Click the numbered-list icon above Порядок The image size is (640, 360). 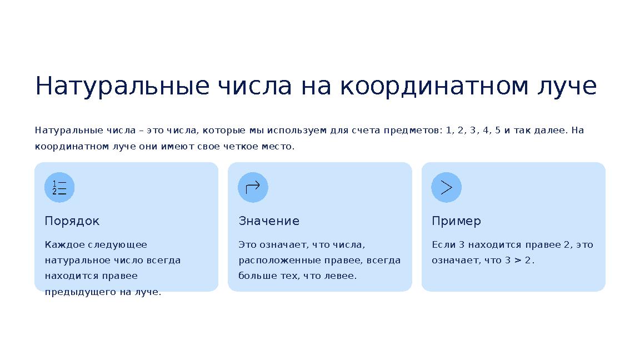(59, 187)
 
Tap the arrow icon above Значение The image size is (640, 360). (253, 187)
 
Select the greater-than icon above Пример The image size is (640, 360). (446, 187)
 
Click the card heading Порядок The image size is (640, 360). (72, 221)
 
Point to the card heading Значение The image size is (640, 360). (269, 221)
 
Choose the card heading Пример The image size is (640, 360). (456, 221)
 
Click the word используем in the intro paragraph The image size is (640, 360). (297, 131)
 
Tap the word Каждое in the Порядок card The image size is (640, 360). (64, 245)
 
